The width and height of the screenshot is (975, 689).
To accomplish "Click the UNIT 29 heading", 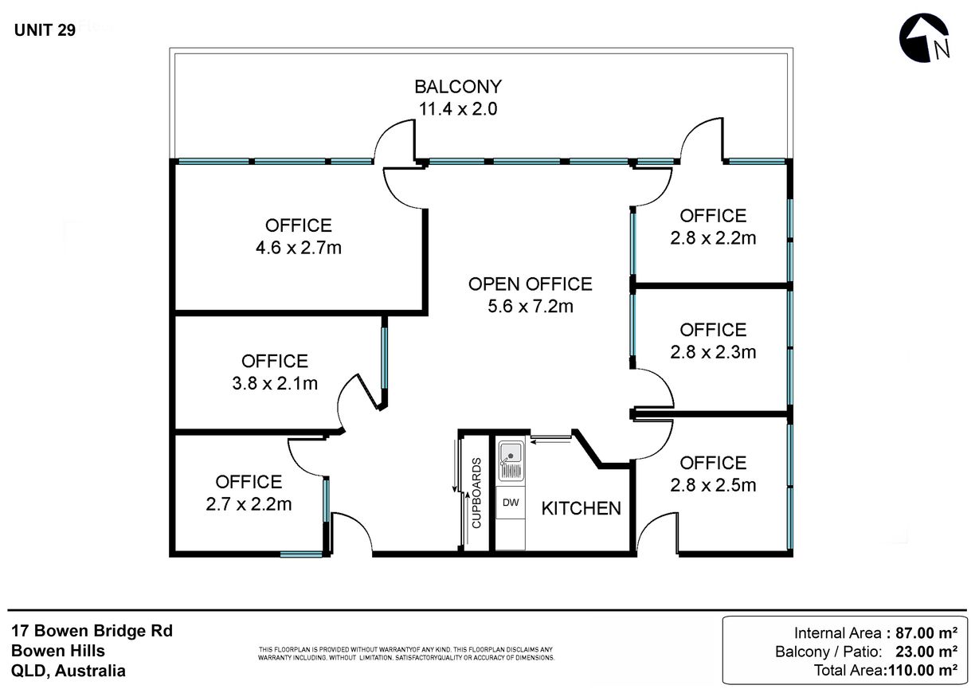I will [45, 31].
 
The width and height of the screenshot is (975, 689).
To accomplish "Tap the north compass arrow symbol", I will [925, 40].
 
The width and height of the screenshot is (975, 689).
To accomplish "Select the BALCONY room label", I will [458, 87].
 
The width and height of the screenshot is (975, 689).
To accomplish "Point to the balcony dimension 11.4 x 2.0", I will [458, 109].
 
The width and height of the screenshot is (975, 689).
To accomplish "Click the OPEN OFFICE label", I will [530, 284].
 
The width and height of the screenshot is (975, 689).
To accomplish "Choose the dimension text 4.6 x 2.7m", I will [299, 248].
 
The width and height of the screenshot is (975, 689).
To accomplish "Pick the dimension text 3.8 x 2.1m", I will [275, 383].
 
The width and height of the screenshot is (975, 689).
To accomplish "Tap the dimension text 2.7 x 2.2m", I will [249, 503].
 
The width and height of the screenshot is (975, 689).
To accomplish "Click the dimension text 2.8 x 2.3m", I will [713, 351].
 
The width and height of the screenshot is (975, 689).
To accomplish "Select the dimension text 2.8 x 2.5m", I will [713, 484].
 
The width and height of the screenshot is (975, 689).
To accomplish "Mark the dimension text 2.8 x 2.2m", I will [713, 237].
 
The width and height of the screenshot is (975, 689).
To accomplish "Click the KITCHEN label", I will [581, 508].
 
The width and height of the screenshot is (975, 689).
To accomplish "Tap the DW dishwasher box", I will [510, 503].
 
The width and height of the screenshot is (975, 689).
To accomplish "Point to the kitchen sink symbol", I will [510, 462].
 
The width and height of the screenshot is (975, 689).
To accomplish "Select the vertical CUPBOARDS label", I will [477, 494].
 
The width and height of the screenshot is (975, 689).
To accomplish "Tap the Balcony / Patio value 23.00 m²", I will [924, 652].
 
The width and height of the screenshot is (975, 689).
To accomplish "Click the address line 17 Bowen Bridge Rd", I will [92, 631].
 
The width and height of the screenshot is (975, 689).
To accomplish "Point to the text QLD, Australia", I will [69, 671].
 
